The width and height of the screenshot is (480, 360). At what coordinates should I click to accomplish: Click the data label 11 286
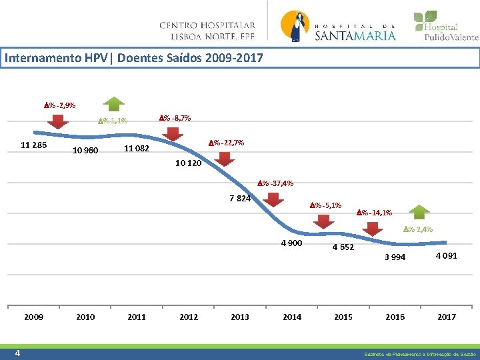coord(33,145)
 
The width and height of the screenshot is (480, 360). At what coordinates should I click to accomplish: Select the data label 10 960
coord(85,151)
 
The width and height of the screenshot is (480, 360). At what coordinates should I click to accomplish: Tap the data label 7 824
coord(240,199)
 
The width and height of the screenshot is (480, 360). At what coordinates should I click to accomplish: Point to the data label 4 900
coord(291,243)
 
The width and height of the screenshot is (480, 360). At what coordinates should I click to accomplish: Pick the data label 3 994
coord(395,258)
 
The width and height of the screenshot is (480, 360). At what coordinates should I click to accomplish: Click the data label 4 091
coord(446,255)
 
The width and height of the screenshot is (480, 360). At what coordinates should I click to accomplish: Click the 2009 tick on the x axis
coord(33,317)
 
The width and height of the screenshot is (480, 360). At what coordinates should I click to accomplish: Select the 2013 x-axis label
coord(240,317)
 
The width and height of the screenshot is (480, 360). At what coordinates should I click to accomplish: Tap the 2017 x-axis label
coord(446,317)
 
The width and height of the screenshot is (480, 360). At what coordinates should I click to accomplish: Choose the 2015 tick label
coord(343,317)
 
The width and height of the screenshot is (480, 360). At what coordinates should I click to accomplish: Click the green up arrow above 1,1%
coord(115,103)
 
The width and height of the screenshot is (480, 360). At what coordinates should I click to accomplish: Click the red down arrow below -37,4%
coord(273,199)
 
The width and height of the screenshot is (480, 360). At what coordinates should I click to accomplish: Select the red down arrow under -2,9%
coord(59,121)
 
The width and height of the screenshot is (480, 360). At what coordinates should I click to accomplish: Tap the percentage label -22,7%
coord(226,143)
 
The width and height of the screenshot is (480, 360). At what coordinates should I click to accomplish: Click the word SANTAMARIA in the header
coord(355,35)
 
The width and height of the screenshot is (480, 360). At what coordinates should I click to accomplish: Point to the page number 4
coord(17,353)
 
